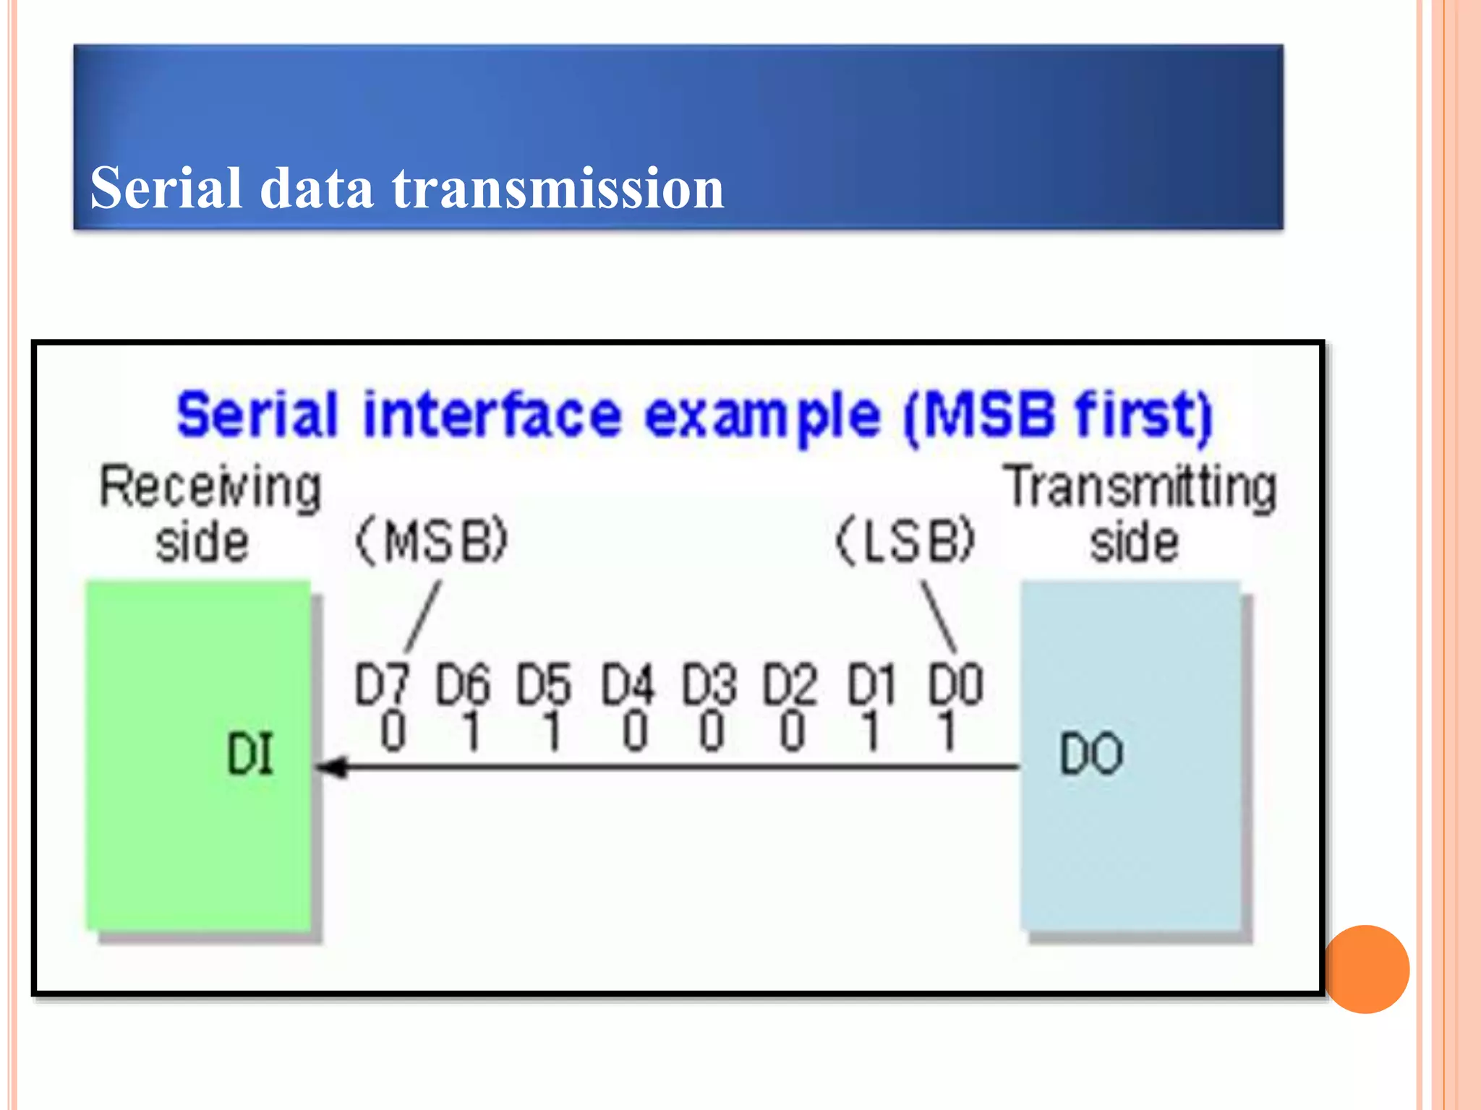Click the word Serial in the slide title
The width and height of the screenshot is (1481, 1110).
click(166, 188)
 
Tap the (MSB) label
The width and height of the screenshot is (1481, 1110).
click(432, 541)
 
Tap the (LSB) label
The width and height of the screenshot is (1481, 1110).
click(906, 541)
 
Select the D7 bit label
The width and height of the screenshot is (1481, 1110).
click(382, 684)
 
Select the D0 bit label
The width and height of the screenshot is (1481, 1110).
click(956, 684)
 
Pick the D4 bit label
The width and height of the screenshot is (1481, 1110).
click(628, 684)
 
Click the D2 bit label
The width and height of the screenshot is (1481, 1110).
click(790, 684)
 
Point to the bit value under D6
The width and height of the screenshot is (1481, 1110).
click(471, 731)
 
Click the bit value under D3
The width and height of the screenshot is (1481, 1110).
click(712, 731)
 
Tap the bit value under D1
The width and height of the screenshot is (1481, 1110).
click(871, 731)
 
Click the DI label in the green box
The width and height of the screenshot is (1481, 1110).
click(250, 754)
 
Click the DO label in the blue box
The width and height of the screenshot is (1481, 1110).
click(1091, 754)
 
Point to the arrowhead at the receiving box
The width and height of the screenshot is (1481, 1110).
click(333, 767)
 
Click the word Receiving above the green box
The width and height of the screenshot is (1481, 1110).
click(210, 488)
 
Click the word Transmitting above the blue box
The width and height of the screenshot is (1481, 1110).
click(1142, 488)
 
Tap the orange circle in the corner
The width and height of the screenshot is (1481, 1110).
click(1367, 969)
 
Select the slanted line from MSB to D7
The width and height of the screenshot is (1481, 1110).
click(423, 616)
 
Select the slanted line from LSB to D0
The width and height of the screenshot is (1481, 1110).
click(939, 616)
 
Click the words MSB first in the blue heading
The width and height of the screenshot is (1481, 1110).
click(1058, 416)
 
